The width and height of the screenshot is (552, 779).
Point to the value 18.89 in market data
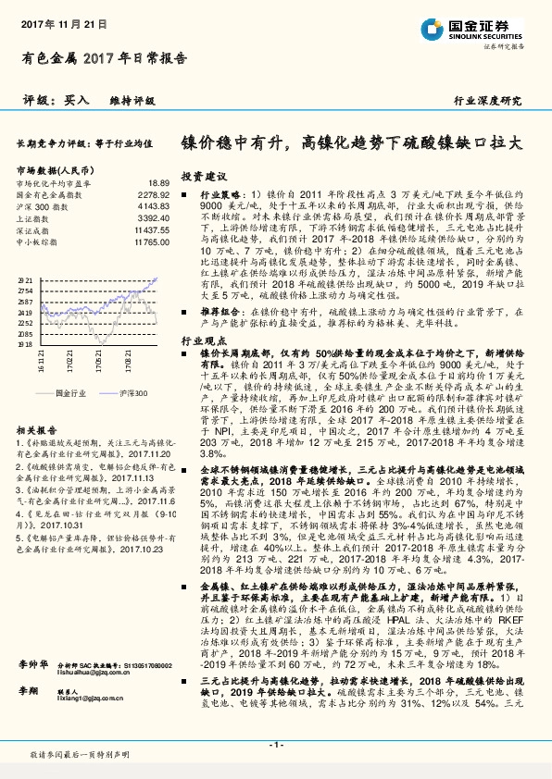158,184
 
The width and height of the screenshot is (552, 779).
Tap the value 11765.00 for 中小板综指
151,241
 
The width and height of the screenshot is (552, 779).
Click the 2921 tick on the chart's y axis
25,278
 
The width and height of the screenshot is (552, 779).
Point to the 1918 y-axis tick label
25,342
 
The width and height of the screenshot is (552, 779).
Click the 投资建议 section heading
204,175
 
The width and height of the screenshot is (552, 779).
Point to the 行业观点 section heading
204,341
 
